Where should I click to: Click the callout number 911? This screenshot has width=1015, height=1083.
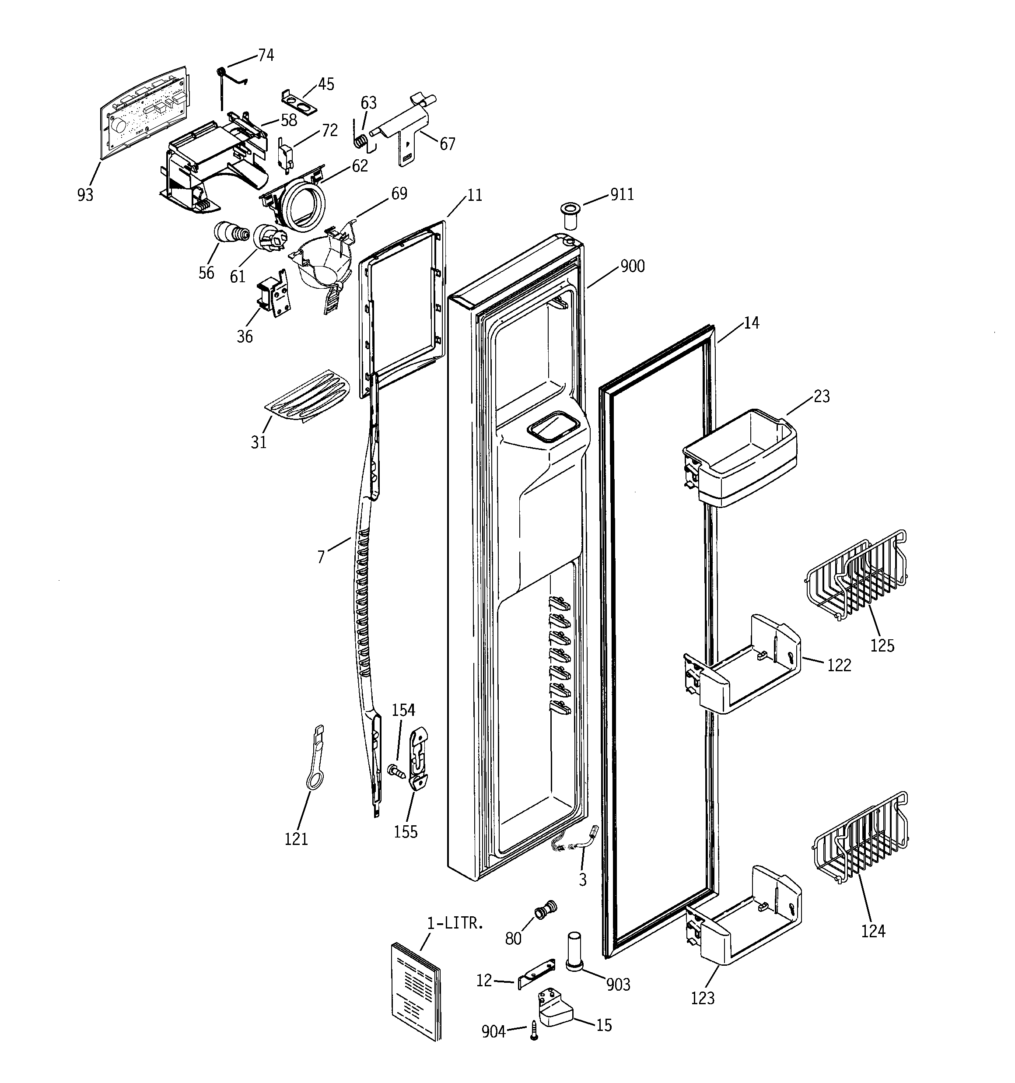[622, 194]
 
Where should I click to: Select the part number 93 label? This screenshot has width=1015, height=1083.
[85, 194]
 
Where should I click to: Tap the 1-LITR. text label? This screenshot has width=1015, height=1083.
[455, 923]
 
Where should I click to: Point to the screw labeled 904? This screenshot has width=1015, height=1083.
[534, 1031]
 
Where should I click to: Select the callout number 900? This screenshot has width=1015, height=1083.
[633, 266]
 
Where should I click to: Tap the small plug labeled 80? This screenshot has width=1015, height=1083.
[546, 910]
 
